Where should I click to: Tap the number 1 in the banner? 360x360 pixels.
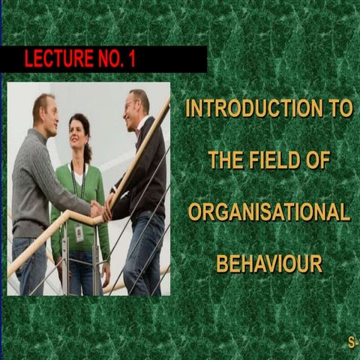coord(131,60)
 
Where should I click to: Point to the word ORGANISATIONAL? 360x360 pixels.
coord(268,212)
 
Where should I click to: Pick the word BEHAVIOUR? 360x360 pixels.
coord(268,264)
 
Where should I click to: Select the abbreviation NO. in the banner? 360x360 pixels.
coord(107,60)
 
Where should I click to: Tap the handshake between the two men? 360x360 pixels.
coord(98,212)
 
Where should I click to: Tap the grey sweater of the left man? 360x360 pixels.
coord(41,180)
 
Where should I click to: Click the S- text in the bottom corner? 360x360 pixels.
coord(353,343)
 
